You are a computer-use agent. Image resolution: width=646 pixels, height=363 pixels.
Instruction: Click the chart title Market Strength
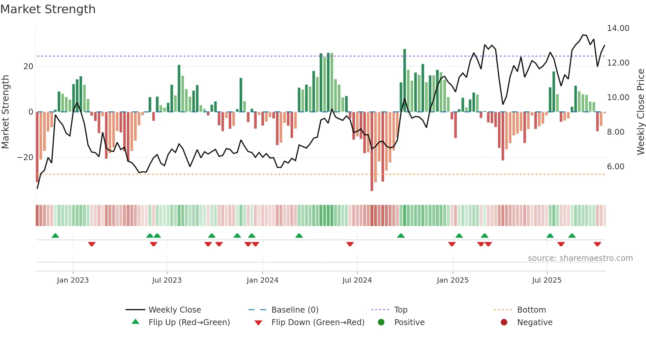pyautogui.click(x=48, y=9)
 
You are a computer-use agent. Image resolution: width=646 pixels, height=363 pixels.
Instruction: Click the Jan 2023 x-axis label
pyautogui.click(x=73, y=280)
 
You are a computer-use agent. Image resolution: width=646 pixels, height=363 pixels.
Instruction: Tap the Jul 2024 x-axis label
pyautogui.click(x=357, y=280)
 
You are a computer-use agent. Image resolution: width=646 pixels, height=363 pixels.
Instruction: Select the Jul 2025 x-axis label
pyautogui.click(x=546, y=280)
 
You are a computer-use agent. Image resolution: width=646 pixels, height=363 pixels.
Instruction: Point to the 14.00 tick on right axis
pyautogui.click(x=618, y=28)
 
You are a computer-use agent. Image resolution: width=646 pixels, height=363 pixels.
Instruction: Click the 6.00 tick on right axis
pyautogui.click(x=615, y=167)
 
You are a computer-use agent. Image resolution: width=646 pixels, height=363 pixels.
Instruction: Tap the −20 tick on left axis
pyautogui.click(x=25, y=157)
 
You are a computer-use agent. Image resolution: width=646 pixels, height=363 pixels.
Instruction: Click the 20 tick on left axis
pyautogui.click(x=28, y=67)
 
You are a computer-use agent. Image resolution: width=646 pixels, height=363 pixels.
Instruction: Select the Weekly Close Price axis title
pyautogui.click(x=640, y=112)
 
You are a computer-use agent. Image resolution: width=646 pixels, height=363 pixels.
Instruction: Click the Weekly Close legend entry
pyautogui.click(x=174, y=310)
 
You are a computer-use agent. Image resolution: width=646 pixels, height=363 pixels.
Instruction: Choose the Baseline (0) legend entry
pyautogui.click(x=295, y=310)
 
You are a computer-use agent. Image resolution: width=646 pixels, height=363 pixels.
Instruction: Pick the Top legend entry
pyautogui.click(x=400, y=310)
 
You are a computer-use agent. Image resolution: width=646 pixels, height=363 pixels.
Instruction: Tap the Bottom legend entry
pyautogui.click(x=531, y=310)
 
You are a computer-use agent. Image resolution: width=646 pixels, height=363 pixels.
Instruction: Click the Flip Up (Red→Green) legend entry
pyautogui.click(x=189, y=322)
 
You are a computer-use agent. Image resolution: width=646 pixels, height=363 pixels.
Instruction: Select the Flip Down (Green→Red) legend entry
pyautogui.click(x=318, y=322)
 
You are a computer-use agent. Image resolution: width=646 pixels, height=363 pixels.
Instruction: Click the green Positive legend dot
pyautogui.click(x=381, y=322)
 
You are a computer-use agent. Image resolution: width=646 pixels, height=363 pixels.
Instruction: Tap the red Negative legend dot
pyautogui.click(x=504, y=322)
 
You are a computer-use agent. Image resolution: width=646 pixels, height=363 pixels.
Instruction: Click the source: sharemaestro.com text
pyautogui.click(x=580, y=258)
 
